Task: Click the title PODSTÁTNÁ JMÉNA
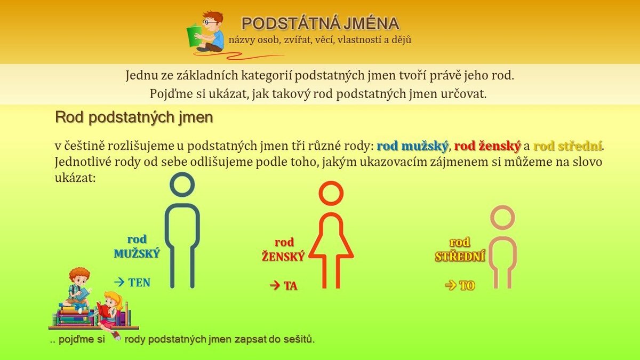321,23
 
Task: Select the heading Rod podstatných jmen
134,117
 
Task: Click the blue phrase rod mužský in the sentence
412,146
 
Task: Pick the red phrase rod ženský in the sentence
487,146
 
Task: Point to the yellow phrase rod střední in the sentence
567,146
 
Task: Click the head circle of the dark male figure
182,185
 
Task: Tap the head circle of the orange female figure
331,193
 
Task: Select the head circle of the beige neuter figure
502,218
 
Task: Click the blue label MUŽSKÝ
137,254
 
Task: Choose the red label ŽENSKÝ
283,257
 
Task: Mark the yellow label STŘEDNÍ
460,257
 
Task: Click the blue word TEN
139,283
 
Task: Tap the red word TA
291,286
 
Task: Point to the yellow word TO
467,286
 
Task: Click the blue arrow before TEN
119,282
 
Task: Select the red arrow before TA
275,285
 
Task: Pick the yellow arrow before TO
451,285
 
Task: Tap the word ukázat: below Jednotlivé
75,178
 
